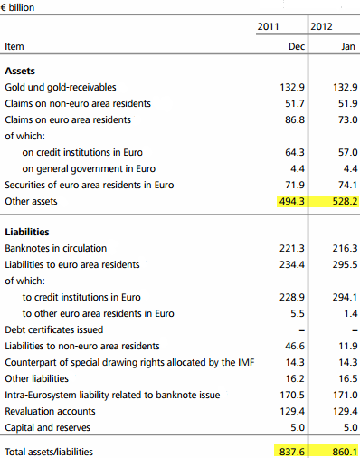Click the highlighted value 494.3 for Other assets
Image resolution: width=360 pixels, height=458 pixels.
(292, 201)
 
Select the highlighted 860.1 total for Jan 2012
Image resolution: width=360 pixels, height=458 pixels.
(346, 452)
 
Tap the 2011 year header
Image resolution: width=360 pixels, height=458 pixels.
(268, 26)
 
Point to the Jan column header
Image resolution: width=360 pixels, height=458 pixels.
(348, 46)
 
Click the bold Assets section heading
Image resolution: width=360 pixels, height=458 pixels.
(20, 71)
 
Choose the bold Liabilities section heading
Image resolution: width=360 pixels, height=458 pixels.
(27, 232)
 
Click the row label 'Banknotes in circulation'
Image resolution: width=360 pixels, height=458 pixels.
(56, 248)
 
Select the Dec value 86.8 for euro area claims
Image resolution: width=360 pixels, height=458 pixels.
(295, 119)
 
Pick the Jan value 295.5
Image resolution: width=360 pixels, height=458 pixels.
(346, 264)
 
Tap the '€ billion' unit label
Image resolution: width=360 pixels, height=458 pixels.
(17, 7)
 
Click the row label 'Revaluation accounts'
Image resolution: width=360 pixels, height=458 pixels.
(50, 411)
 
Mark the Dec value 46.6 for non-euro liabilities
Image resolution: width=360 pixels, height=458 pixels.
(295, 346)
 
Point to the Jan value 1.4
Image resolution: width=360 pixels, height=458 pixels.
(351, 313)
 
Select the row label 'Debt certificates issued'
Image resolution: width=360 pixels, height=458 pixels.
(54, 329)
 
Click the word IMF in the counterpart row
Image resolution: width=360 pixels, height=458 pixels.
(246, 362)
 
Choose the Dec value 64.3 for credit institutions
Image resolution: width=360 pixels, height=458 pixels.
(295, 152)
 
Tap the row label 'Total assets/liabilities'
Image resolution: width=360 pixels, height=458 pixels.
(49, 452)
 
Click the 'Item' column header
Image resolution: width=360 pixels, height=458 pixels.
(14, 46)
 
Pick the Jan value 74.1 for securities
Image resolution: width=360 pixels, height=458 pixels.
(348, 185)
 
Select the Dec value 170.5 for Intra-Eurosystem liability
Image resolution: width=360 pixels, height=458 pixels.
(292, 395)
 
